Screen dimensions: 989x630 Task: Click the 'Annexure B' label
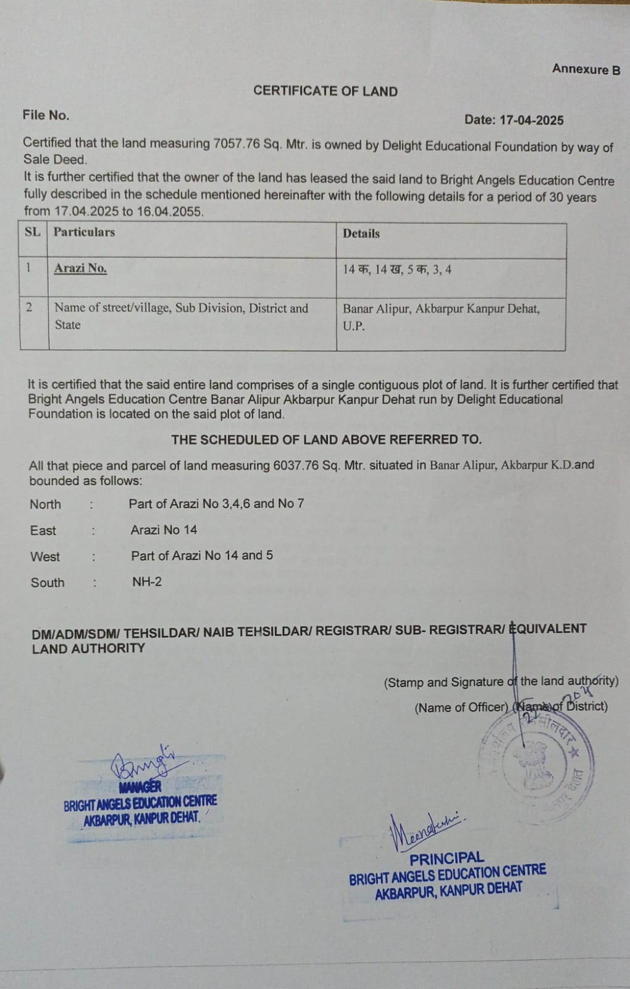586,69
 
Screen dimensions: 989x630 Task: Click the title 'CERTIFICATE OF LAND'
325,91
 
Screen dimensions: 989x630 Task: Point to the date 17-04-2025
531,121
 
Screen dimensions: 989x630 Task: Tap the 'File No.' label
46,115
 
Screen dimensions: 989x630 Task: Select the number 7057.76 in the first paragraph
237,144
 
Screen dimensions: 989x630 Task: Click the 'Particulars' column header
84,232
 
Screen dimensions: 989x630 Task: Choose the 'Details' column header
361,234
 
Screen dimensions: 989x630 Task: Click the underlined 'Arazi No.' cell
80,268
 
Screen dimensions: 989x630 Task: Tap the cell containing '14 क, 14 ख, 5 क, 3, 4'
397,270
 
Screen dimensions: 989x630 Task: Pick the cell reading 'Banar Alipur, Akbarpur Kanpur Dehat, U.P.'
441,316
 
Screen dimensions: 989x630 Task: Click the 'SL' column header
33,232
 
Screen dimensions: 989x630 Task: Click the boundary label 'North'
46,504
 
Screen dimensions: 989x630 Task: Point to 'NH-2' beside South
147,582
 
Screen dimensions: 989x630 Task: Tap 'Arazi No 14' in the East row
164,530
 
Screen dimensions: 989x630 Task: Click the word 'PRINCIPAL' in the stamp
447,859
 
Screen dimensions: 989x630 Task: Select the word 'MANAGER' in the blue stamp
140,787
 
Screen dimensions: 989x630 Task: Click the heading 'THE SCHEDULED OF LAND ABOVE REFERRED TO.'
326,439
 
